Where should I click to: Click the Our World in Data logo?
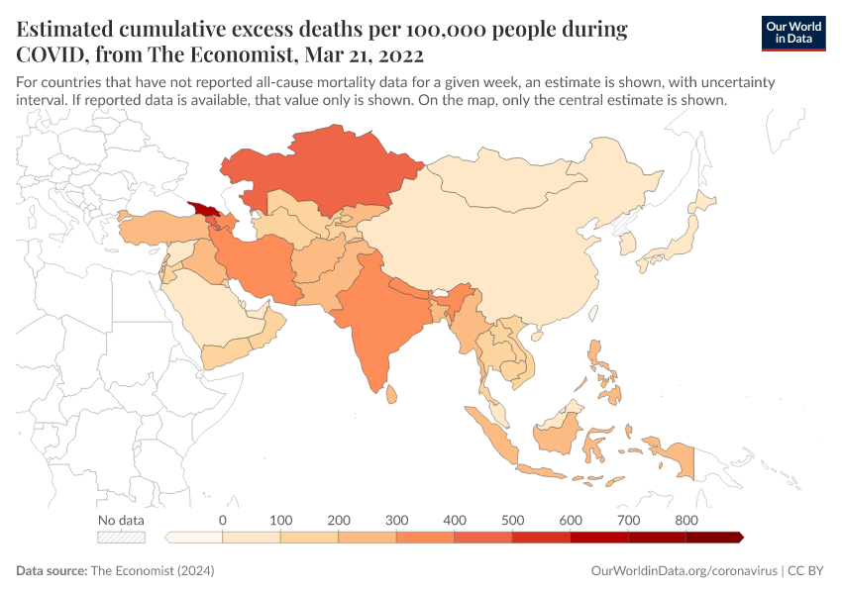coord(793,33)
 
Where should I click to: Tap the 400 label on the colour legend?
coord(454,520)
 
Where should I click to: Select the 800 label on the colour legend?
coord(685,520)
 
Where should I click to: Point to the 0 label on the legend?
coord(223,520)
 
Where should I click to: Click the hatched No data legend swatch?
coord(121,538)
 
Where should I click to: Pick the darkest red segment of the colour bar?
coord(713,538)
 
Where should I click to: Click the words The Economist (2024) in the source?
coord(153,571)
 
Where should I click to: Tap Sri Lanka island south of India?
coord(391,393)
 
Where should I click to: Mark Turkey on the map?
coord(154,228)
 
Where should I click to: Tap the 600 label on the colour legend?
coord(570,520)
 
